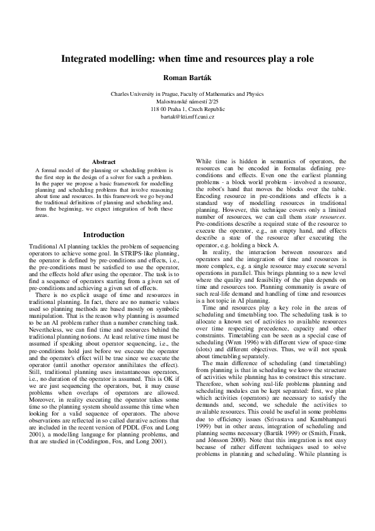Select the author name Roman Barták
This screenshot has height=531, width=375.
(x=187, y=78)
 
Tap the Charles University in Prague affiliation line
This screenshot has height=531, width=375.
(x=187, y=94)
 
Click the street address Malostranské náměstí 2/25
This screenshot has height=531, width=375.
(x=187, y=102)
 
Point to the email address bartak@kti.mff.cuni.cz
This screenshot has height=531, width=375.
(x=187, y=117)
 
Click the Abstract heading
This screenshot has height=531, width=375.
(x=103, y=162)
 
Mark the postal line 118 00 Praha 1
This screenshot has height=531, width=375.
(x=187, y=109)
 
